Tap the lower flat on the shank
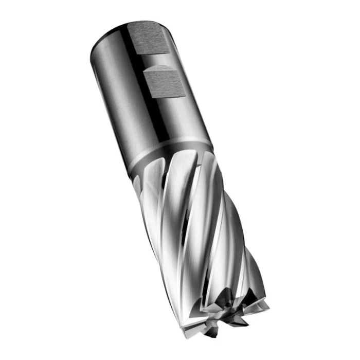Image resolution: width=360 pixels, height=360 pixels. [165, 83]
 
